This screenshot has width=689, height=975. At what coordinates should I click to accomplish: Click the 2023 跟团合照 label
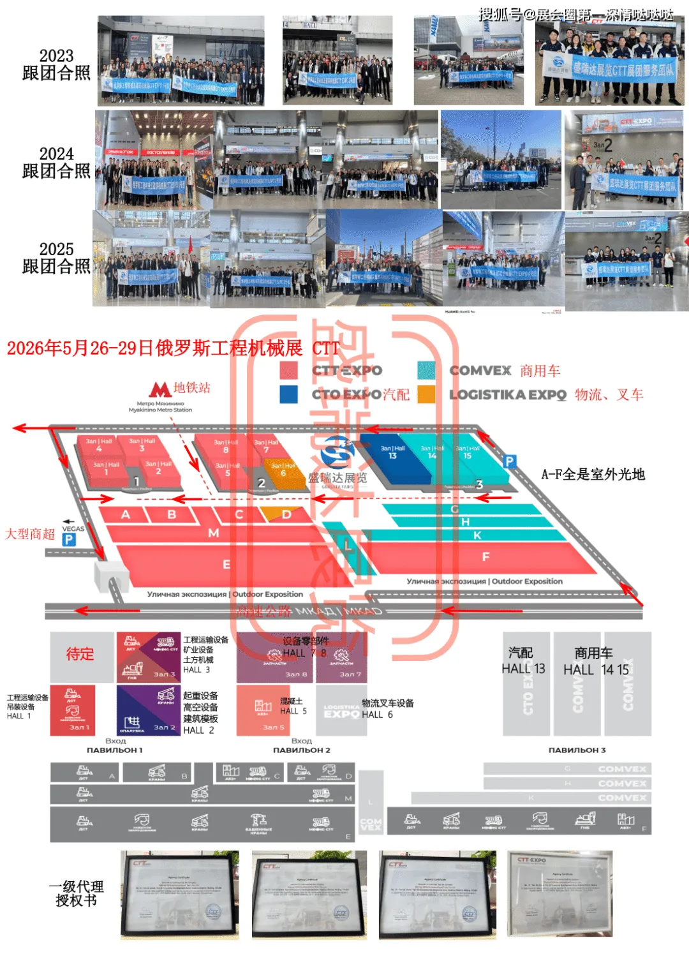56,64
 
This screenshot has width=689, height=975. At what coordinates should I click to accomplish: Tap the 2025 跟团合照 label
56,258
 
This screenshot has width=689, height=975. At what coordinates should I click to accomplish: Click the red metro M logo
160,389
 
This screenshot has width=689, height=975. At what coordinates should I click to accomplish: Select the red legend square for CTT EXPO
289,371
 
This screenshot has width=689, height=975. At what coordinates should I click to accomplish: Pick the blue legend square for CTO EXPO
289,394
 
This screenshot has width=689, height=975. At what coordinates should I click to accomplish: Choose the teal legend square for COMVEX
427,371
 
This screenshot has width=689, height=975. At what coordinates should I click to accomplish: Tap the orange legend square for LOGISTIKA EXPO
427,394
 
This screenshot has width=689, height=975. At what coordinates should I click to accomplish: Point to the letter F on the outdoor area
485,557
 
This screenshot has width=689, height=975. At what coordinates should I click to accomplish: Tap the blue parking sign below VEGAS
69,540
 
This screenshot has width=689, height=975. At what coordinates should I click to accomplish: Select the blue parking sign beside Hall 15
509,461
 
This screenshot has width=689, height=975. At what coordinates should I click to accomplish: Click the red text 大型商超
30,534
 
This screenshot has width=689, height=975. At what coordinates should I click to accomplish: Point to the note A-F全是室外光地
593,474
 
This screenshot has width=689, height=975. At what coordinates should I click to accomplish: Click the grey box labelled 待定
81,655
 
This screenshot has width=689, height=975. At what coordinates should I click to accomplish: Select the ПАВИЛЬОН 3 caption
577,750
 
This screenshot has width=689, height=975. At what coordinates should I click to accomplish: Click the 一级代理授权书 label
76,893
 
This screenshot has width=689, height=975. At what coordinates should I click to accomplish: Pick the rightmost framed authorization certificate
559,893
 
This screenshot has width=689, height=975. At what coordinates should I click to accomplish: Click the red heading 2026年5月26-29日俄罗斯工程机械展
154,348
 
